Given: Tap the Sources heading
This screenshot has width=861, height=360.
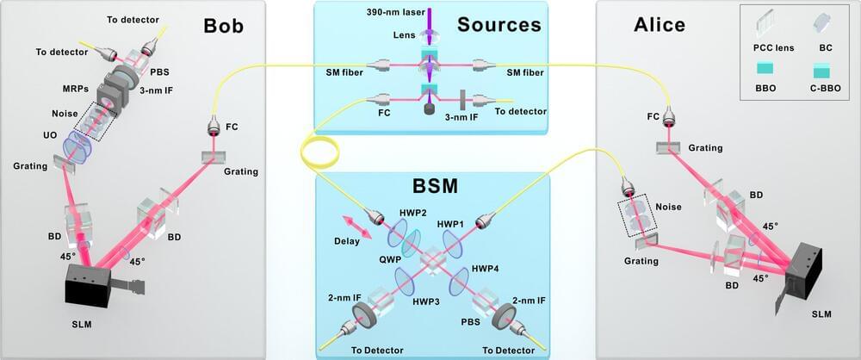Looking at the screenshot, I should (x=499, y=24).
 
